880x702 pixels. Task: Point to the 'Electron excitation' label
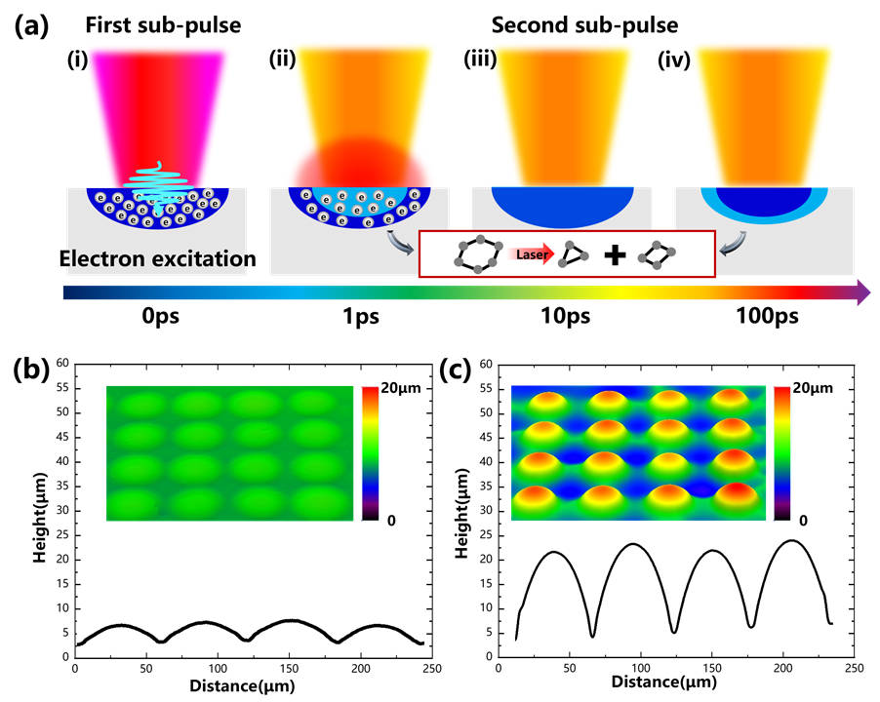158,260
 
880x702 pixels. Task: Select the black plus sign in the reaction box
614,255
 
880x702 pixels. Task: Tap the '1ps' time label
348,318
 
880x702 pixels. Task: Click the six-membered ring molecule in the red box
478,255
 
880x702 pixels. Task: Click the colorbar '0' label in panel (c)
803,520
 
